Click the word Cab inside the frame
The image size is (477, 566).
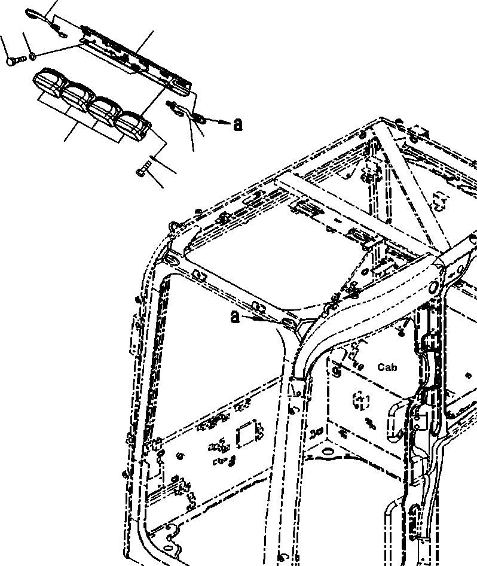pyautogui.click(x=387, y=367)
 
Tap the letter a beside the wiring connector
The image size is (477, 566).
pyautogui.click(x=238, y=124)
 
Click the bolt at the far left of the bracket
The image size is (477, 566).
pyautogui.click(x=14, y=60)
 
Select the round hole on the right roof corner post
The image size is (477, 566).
pyautogui.click(x=432, y=287)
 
